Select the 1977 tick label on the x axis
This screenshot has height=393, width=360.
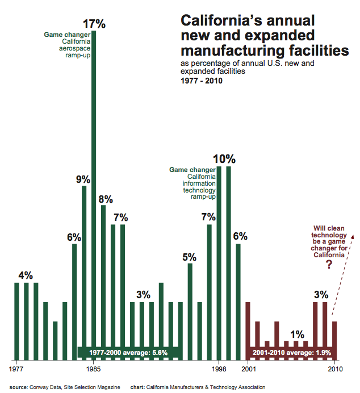tap(16, 369)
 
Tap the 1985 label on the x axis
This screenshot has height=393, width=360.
tap(94, 369)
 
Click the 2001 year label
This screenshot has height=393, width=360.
tap(248, 369)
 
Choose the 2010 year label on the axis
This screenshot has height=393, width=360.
tap(334, 369)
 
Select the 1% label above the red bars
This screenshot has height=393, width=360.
tap(296, 334)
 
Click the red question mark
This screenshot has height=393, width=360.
tap(328, 265)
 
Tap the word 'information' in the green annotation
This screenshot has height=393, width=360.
tap(199, 183)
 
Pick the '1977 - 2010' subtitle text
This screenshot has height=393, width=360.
tap(201, 81)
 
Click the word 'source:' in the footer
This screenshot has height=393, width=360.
tap(19, 387)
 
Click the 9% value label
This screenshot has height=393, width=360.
tap(83, 179)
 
